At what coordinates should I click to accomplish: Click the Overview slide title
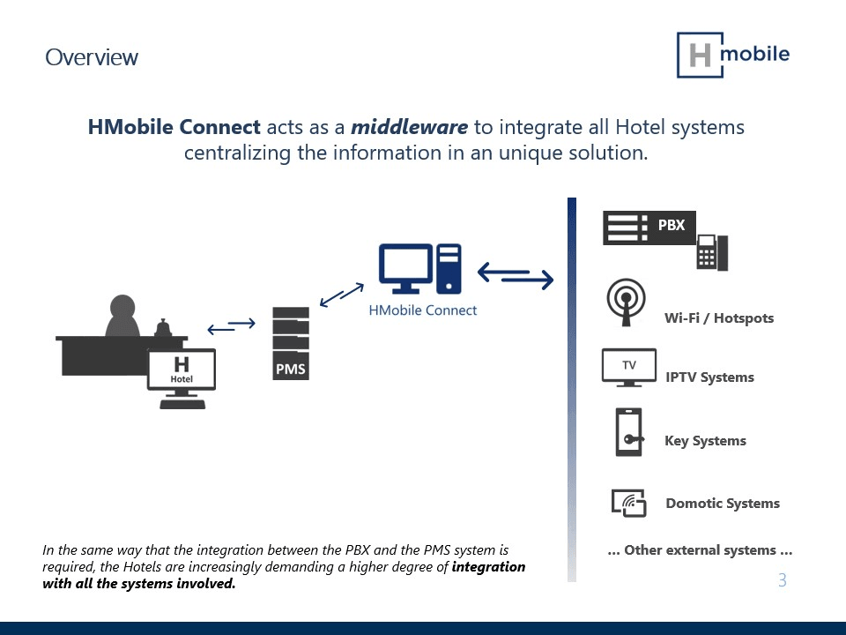(x=92, y=57)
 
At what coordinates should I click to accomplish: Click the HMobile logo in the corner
(x=732, y=56)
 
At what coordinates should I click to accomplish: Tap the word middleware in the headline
(x=409, y=127)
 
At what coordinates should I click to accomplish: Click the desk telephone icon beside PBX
(x=712, y=252)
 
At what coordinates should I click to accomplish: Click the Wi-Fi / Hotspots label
(x=719, y=317)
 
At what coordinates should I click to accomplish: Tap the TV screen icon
(x=628, y=367)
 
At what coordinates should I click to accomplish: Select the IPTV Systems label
(x=709, y=377)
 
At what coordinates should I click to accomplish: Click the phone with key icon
(x=628, y=432)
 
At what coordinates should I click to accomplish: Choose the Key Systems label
(x=705, y=441)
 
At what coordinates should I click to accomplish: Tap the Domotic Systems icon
(x=628, y=503)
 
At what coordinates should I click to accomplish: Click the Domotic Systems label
(x=723, y=504)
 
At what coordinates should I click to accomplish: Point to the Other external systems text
(x=700, y=550)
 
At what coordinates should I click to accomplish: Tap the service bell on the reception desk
(x=162, y=328)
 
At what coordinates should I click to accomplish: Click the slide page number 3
(x=782, y=580)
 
